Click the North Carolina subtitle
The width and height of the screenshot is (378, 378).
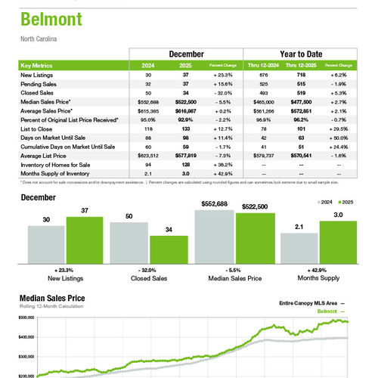tap(37, 39)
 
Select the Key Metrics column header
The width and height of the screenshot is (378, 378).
tap(37, 66)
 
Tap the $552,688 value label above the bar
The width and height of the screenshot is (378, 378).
tap(213, 205)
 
